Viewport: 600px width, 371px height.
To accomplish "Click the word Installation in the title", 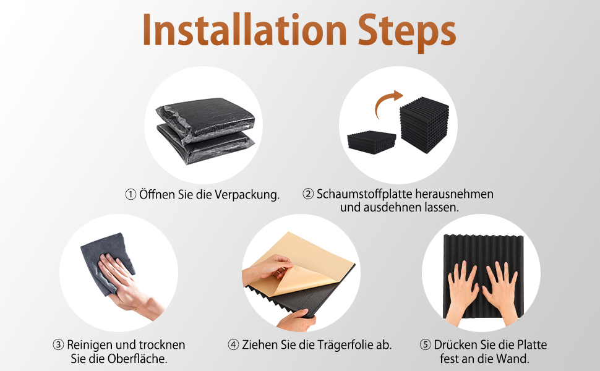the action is tap(244, 30).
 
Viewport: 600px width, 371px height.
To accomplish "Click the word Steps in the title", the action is tap(407, 33).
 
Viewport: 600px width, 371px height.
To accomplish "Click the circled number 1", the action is tap(131, 195).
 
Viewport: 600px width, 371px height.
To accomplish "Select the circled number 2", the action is tap(308, 194).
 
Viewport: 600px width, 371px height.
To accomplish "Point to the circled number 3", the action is tap(58, 344).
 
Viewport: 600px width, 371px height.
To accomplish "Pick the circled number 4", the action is tap(233, 344).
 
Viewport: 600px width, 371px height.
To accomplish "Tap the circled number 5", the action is tap(425, 344).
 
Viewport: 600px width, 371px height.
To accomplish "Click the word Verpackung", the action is tap(247, 195).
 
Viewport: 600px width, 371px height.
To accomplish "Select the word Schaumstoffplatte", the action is tap(364, 194).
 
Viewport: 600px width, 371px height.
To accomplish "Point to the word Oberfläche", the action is tap(137, 359).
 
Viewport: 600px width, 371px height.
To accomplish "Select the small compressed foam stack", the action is tap(372, 142).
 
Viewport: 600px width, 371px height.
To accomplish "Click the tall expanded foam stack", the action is tap(424, 125).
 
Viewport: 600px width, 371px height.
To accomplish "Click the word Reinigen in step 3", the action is tap(90, 345).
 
